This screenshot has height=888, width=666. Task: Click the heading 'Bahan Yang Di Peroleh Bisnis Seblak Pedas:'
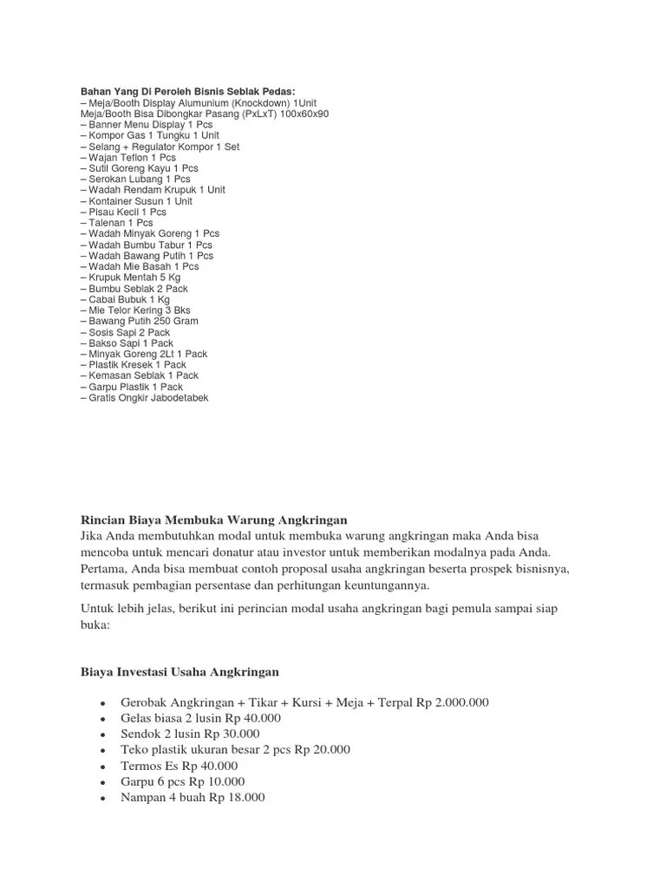coord(187,91)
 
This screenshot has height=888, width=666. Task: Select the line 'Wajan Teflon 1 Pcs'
coord(131,157)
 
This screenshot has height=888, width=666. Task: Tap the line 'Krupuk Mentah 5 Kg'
coord(134,277)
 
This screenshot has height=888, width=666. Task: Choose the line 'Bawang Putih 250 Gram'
coord(142,321)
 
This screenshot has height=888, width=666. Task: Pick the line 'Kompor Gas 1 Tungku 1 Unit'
coord(153,135)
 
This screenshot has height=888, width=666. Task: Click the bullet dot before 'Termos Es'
coord(103,767)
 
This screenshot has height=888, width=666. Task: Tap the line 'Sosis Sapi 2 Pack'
coord(128,332)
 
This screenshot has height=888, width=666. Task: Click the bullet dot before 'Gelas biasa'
coord(103,720)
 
